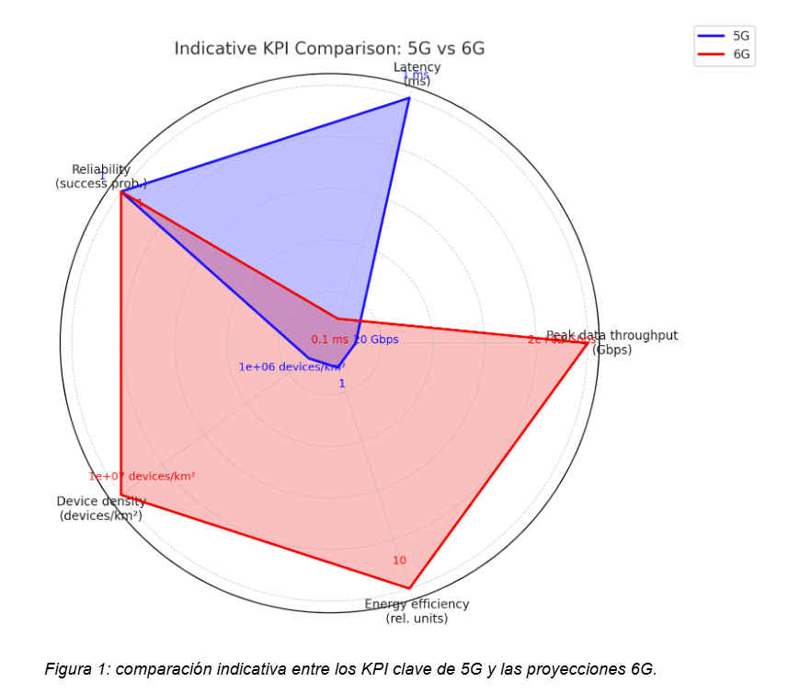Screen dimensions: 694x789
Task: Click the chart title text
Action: (x=330, y=48)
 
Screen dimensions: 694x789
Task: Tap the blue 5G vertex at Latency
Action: (x=409, y=98)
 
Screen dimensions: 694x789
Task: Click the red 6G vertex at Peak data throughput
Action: (x=588, y=342)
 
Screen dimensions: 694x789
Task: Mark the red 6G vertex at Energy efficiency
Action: (x=409, y=587)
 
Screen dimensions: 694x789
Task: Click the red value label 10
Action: (x=399, y=561)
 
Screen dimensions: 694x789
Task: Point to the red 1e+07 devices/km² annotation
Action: (x=142, y=476)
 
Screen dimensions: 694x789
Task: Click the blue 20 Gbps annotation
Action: (x=376, y=340)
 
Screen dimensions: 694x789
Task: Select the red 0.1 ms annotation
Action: (x=329, y=340)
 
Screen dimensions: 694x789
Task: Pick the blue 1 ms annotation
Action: (x=415, y=75)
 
